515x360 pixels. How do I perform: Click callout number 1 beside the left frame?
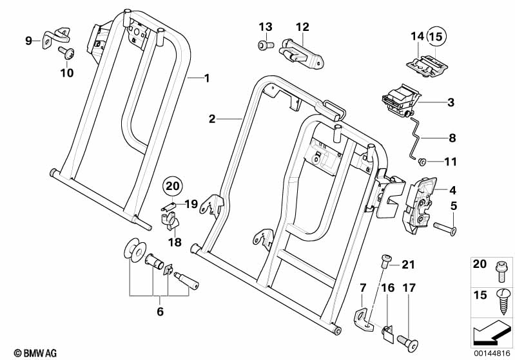207,78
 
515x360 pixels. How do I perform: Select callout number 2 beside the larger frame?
211,119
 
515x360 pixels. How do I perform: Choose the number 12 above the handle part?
303,27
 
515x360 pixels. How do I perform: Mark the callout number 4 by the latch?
452,190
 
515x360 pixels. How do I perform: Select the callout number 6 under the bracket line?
160,312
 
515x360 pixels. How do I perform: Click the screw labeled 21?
387,259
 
